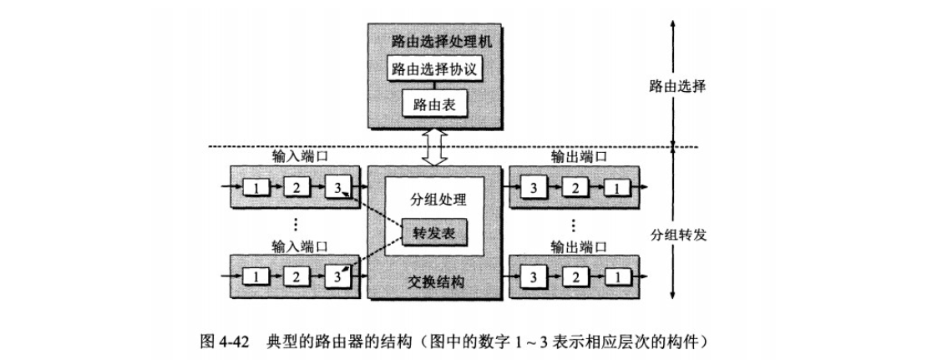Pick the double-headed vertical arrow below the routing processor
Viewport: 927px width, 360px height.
click(434, 149)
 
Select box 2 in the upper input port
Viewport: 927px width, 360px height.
click(296, 186)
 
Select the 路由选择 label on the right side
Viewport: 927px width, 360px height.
click(677, 85)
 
